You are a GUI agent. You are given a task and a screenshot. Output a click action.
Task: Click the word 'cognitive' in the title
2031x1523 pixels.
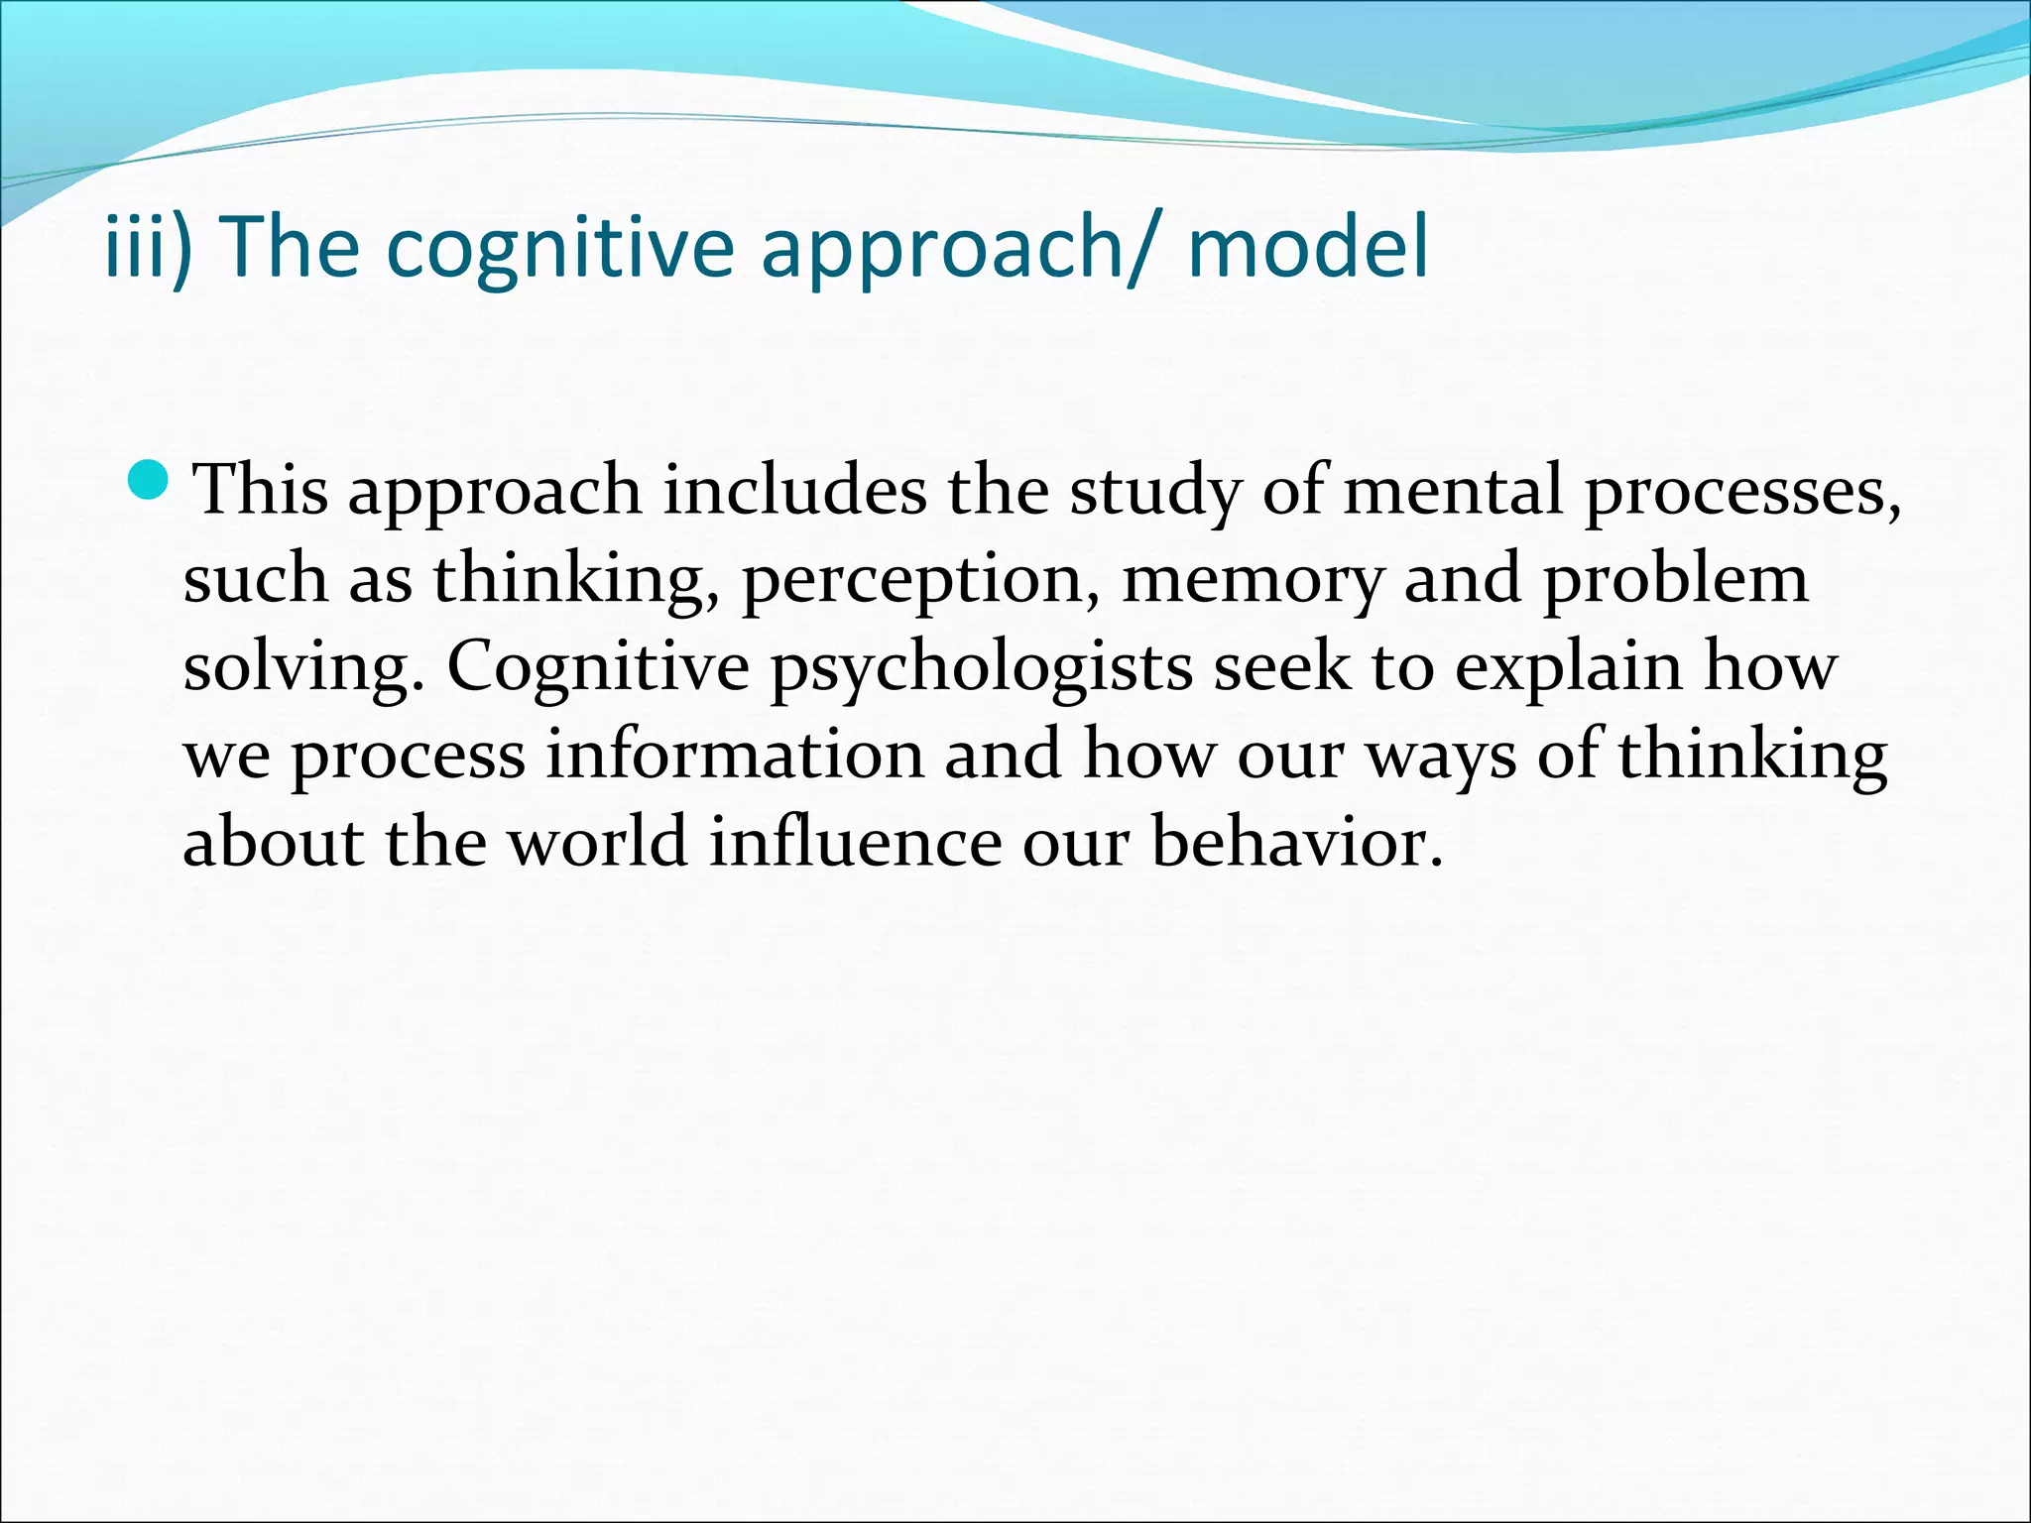(x=559, y=247)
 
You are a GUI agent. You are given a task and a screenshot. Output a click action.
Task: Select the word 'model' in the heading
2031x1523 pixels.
(x=1307, y=247)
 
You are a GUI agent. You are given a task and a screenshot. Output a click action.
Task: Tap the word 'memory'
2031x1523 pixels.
(x=1251, y=580)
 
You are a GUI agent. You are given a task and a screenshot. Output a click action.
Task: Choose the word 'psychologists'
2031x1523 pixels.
(x=982, y=667)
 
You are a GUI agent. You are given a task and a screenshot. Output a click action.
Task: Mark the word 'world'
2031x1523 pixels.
(x=598, y=842)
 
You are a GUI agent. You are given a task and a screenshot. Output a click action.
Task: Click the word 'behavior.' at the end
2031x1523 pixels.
(x=1296, y=842)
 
